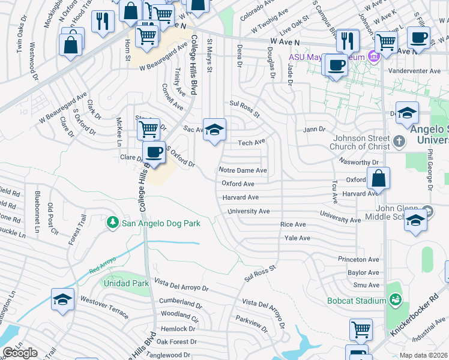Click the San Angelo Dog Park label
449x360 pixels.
(x=161, y=223)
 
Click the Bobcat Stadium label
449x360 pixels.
(x=356, y=301)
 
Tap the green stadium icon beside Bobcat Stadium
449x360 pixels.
(x=394, y=299)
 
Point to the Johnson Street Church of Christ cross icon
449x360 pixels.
(x=400, y=143)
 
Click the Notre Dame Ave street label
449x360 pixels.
(x=243, y=170)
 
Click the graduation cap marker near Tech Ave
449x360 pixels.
(x=214, y=130)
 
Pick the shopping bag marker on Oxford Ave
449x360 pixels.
(x=379, y=178)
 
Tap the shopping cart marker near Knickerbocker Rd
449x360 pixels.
(x=361, y=329)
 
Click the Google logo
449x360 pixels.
(x=20, y=353)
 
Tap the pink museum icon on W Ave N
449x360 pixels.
(x=373, y=57)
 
